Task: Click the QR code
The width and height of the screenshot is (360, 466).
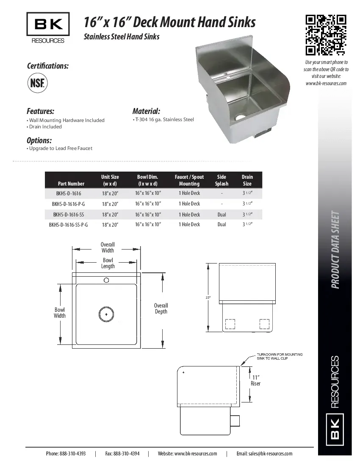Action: point(326,35)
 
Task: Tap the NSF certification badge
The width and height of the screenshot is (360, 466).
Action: point(37,83)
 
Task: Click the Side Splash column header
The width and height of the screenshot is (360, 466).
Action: point(222,180)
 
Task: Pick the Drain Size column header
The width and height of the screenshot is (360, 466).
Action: point(247,180)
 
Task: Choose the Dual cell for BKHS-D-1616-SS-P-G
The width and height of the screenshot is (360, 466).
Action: point(222,225)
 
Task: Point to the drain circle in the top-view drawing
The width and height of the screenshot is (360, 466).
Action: point(106,314)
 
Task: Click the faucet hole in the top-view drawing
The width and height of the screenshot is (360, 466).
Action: point(106,280)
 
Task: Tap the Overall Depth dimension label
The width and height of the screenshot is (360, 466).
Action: point(161,308)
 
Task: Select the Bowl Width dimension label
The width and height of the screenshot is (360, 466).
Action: point(60,313)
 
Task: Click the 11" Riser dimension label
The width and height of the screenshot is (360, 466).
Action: point(255,380)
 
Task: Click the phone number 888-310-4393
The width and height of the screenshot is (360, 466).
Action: point(66,453)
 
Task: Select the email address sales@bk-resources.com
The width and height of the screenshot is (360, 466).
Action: point(264,453)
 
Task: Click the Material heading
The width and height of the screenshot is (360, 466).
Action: point(146,111)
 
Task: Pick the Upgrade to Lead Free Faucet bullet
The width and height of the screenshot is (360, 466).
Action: point(60,148)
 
